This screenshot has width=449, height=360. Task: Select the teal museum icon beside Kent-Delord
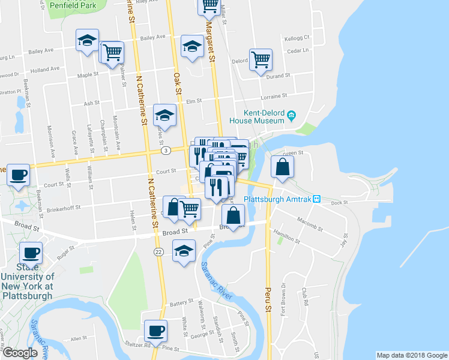(291, 115)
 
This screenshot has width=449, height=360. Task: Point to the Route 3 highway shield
(166, 150)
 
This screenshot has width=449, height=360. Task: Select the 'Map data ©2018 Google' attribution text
(411, 355)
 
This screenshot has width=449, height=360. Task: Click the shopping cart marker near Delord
(261, 59)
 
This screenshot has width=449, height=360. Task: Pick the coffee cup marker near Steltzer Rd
(156, 331)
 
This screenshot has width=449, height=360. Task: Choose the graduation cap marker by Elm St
(164, 114)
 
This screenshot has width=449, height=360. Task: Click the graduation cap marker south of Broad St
(184, 250)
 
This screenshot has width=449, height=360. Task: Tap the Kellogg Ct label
(297, 37)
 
